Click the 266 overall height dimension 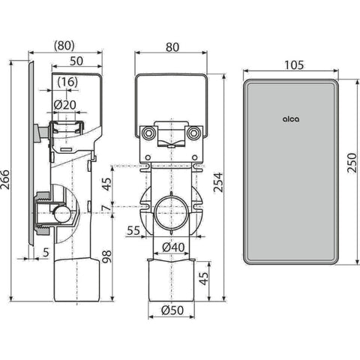(x=5, y=180)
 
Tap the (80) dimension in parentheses (x=64, y=46)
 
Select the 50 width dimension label (x=76, y=61)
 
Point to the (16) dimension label (x=66, y=82)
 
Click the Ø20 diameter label (x=65, y=105)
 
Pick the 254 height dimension (x=218, y=182)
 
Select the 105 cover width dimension (x=294, y=65)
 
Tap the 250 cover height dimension (x=352, y=163)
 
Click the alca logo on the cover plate (x=291, y=119)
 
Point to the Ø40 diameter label (x=173, y=247)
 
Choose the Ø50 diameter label (x=172, y=310)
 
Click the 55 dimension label (x=133, y=230)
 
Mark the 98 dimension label (x=107, y=256)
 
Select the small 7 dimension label (x=107, y=208)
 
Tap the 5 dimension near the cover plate (x=46, y=253)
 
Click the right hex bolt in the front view (x=193, y=133)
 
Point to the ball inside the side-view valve (x=61, y=214)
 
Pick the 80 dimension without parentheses (x=172, y=47)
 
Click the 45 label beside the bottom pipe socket (x=205, y=278)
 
